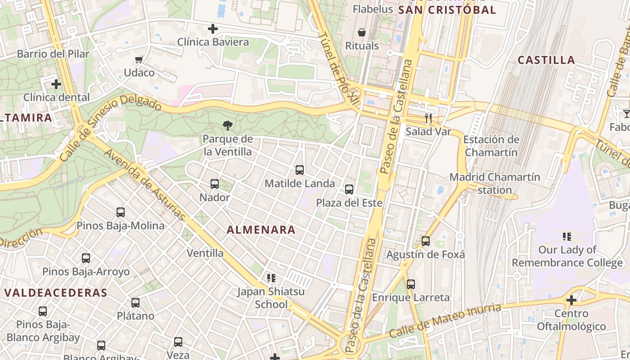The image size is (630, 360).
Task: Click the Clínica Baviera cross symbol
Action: coord(213,29)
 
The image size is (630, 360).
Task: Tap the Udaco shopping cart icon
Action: coord(139,60)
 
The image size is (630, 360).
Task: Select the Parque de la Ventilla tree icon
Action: coord(228,126)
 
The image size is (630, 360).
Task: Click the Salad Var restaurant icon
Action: coord(428,118)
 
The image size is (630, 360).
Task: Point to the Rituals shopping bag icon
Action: coord(362,32)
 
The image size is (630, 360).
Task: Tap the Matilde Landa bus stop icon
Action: coord(300,170)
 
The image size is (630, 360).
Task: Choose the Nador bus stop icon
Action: coord(215,184)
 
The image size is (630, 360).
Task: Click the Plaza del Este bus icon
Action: coord(349,189)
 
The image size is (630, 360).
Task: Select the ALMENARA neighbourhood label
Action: coord(261,230)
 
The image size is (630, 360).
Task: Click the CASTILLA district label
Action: coord(546,60)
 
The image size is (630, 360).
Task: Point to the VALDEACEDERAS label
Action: coord(56,293)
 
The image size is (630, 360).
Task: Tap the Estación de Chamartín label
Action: coord(491,146)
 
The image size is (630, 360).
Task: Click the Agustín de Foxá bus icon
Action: coord(426,241)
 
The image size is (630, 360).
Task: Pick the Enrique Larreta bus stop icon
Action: coord(411,284)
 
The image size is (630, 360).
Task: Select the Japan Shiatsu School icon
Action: coord(271,278)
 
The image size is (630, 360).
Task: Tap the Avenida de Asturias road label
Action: coord(145,185)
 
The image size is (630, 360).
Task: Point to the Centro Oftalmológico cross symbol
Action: coord(571,300)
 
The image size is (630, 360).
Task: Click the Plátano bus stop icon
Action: coord(135,303)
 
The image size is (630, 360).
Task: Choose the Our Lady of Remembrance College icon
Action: coord(567,236)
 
